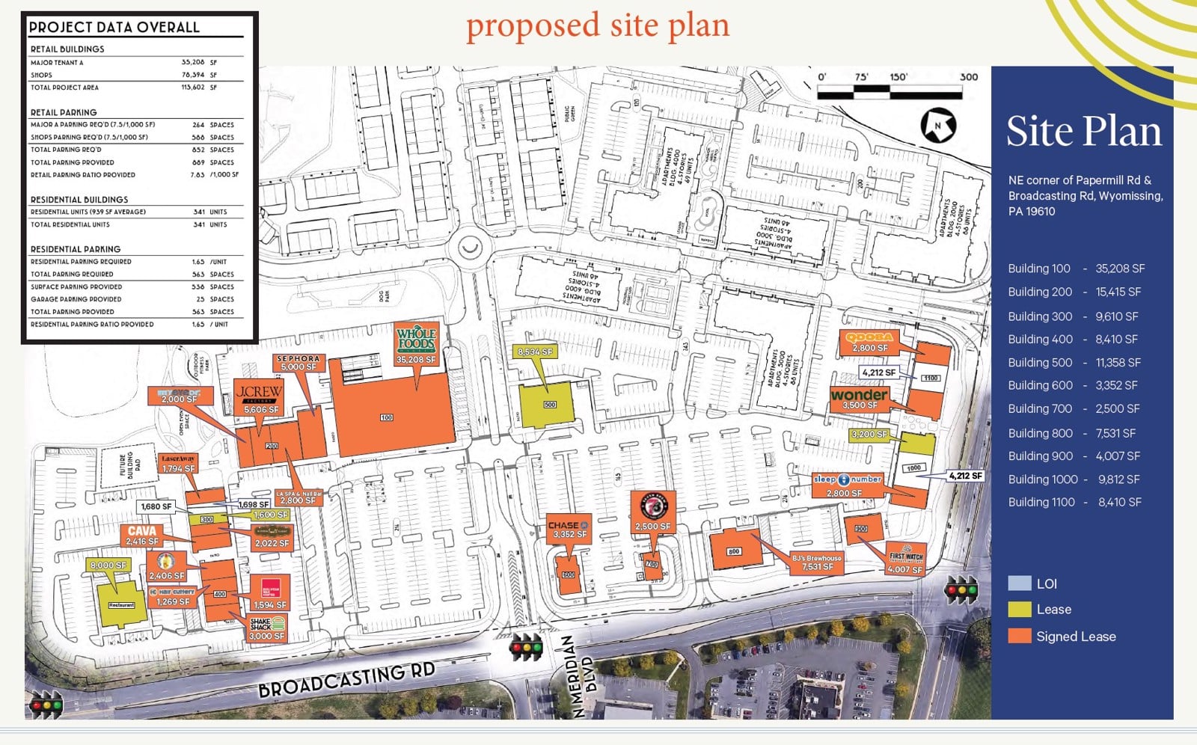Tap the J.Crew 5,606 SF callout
coord(260,399)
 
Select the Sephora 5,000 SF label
coord(299,363)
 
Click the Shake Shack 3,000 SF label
coord(267,628)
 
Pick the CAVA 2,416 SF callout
coord(142,536)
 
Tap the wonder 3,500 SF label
coord(859,399)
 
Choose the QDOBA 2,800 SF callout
coord(869,342)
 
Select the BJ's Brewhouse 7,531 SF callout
coord(817,562)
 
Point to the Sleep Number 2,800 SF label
coord(847,485)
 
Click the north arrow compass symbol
coord(938,125)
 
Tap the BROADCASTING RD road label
coord(346,679)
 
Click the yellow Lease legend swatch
coord(1019,610)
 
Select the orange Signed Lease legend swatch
coord(1019,637)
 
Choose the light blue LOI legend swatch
coord(1019,583)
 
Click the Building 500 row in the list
coord(1074,363)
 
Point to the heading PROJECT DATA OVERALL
coord(114,28)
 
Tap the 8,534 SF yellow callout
coord(536,352)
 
